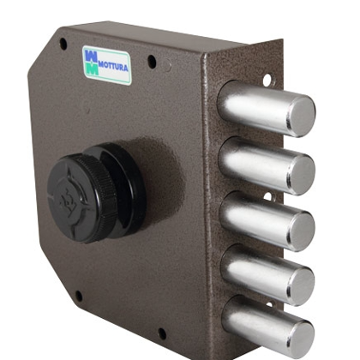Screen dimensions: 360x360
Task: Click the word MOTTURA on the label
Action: pos(113,68)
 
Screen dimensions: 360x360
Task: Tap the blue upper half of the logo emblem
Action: pos(92,56)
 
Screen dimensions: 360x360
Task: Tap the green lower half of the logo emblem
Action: pos(92,69)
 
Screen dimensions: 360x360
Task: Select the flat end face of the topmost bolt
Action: pos(301,117)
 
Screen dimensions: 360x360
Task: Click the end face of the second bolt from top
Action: pos(302,175)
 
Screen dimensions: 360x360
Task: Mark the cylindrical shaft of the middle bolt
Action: pos(255,220)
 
